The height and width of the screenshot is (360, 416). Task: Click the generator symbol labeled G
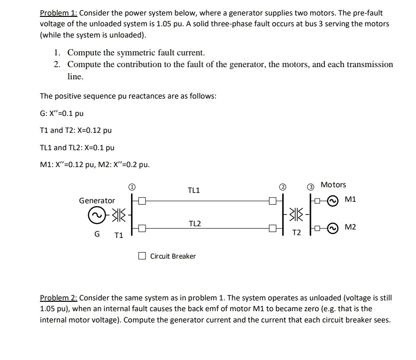point(97,215)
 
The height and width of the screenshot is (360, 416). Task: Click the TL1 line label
point(194,190)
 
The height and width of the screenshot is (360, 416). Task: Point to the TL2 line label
point(195,223)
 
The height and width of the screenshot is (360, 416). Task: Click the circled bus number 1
point(132,187)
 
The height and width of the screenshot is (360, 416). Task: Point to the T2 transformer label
point(296,233)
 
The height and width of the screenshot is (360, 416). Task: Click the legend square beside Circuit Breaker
point(142,256)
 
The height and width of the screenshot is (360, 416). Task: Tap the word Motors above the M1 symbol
point(333,185)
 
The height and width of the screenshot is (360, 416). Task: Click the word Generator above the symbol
point(97,200)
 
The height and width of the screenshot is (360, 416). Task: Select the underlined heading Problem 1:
point(59,13)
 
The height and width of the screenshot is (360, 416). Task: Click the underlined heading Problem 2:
point(59,298)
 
